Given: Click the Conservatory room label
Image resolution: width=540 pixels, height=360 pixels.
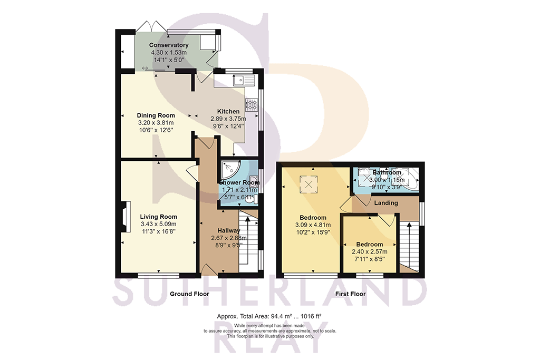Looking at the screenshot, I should (169, 45).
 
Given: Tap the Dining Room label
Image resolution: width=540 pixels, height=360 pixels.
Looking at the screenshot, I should (156, 115).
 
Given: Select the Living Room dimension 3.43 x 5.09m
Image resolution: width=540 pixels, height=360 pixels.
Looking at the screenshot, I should (158, 224).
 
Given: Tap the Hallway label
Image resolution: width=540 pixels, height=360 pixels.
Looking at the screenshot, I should (229, 230).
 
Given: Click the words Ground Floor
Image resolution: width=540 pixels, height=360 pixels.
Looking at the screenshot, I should (189, 294).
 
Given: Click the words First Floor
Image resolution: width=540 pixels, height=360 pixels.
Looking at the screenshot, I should (350, 294).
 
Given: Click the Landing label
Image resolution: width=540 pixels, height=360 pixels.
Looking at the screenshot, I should (385, 202).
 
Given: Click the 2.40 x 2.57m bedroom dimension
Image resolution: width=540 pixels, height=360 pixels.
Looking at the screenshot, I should (369, 252).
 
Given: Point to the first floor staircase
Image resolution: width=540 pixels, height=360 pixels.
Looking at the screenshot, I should (409, 245).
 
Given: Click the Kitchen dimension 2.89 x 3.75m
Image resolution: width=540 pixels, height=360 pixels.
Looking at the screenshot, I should (228, 119).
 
